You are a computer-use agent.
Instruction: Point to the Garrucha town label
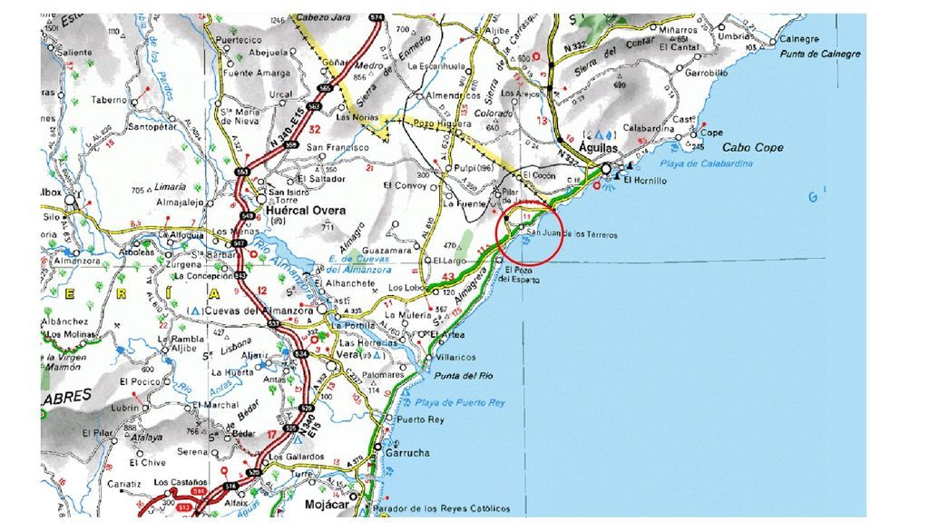point(407,453)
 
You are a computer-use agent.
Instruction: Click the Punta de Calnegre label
point(820,54)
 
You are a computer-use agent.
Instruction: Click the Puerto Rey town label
point(422,419)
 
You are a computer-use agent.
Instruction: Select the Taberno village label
point(109,100)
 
